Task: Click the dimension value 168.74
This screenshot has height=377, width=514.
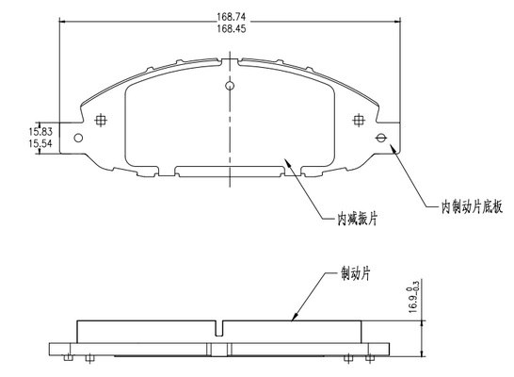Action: coord(231,16)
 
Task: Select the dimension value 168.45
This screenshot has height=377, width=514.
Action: coord(231,28)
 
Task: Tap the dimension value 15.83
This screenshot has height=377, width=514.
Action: coord(40,132)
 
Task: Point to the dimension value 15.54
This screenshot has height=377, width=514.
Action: coord(40,143)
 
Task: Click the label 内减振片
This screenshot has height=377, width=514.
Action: coord(358,219)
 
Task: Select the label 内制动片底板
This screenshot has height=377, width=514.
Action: coord(472,207)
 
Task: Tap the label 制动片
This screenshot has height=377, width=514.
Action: coord(355,273)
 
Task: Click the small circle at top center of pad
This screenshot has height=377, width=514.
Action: coord(230,86)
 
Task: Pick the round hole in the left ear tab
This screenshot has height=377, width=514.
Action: coord(78,138)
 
